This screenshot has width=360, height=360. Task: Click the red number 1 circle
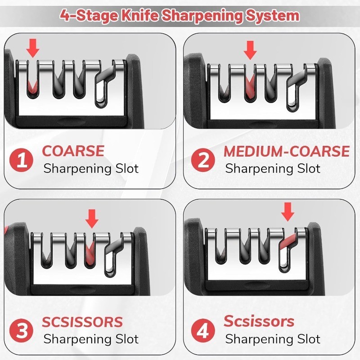click(22, 160)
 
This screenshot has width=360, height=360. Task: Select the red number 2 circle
click(203, 160)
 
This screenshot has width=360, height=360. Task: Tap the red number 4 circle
click(203, 330)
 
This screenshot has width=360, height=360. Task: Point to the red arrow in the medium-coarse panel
click(250, 49)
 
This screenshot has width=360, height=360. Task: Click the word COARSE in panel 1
click(73, 151)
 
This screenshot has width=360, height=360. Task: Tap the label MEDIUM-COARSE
click(287, 151)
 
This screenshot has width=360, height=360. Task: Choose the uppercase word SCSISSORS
click(82, 322)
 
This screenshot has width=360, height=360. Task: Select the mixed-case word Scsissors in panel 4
click(259, 321)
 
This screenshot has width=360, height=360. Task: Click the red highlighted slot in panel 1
click(31, 83)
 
